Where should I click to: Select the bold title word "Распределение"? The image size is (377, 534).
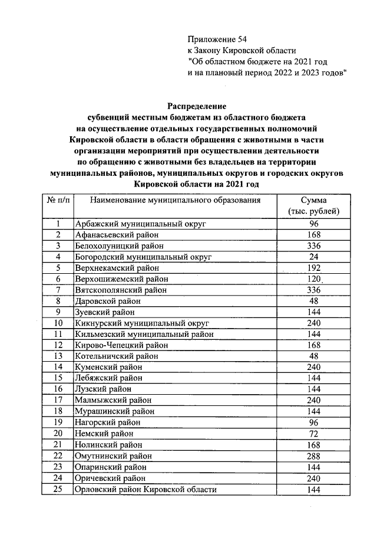click(x=197, y=106)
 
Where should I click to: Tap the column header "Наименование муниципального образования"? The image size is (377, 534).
click(x=175, y=201)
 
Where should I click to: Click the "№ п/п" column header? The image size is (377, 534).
click(x=58, y=201)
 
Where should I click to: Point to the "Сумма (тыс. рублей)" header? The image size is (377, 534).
click(x=313, y=207)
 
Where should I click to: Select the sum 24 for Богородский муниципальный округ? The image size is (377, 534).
click(x=313, y=257)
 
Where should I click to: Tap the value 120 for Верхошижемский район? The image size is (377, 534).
click(x=313, y=279)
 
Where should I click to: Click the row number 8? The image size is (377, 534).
click(x=58, y=301)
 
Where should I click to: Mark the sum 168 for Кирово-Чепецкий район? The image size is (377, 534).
click(x=313, y=345)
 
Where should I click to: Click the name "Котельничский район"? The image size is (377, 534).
click(x=117, y=356)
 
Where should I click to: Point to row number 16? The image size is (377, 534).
click(x=58, y=389)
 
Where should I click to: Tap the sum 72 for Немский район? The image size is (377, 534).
click(x=313, y=434)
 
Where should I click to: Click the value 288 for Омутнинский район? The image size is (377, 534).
click(x=313, y=456)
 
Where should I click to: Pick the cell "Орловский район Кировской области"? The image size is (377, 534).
click(x=146, y=490)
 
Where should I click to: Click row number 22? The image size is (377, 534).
click(x=58, y=456)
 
